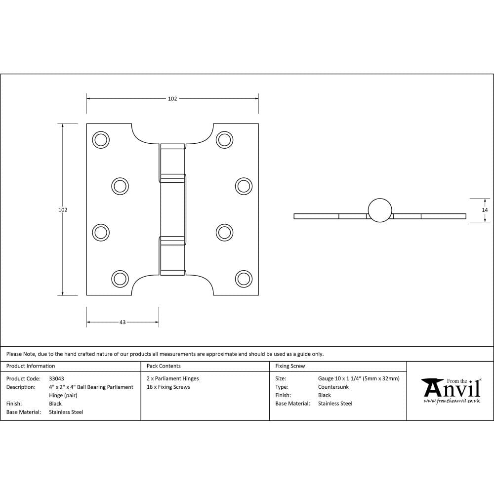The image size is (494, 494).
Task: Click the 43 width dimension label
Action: pyautogui.click(x=123, y=322)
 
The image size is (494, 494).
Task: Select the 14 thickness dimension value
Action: pyautogui.click(x=485, y=210)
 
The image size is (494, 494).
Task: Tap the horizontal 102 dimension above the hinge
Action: pyautogui.click(x=172, y=99)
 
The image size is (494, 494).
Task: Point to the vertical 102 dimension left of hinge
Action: pyautogui.click(x=63, y=210)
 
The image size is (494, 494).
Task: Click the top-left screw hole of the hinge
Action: pyautogui.click(x=101, y=140)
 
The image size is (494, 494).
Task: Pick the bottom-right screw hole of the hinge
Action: pyautogui.click(x=243, y=279)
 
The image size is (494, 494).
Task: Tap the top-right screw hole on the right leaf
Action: pyautogui.click(x=224, y=140)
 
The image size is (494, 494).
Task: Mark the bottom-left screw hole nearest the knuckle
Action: pyautogui.click(x=119, y=279)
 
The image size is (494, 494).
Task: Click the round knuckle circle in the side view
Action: pyautogui.click(x=380, y=210)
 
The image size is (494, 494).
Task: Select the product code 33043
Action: pyautogui.click(x=56, y=379)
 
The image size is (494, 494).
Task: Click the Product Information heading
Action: pyautogui.click(x=31, y=366)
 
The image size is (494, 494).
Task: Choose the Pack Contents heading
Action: pyautogui.click(x=164, y=366)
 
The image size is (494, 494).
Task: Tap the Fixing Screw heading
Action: pyautogui.click(x=290, y=366)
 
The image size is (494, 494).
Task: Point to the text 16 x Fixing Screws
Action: pyautogui.click(x=168, y=387)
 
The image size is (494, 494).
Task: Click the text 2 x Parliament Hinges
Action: pyautogui.click(x=173, y=379)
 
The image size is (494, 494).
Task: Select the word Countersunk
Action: pyautogui.click(x=333, y=387)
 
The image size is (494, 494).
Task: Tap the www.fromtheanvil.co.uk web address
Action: pyautogui.click(x=452, y=401)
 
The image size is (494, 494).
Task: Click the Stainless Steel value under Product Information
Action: pyautogui.click(x=66, y=412)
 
